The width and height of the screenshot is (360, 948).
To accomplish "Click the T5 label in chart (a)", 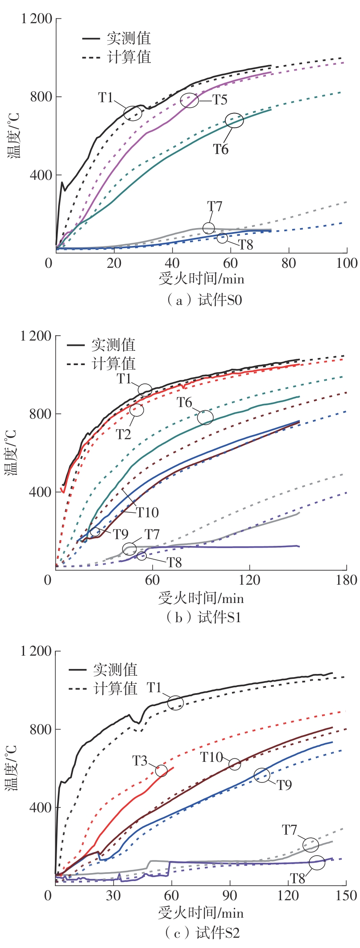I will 219,100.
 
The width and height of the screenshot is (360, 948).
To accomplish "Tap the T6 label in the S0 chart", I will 221,149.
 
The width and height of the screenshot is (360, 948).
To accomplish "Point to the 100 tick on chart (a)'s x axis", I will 346,263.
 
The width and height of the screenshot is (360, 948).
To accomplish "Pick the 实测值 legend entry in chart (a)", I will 129,38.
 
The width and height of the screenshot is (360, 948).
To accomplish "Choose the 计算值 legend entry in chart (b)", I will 113,364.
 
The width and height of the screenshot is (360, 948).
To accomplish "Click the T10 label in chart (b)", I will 148,512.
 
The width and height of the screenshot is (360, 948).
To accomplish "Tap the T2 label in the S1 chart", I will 124,434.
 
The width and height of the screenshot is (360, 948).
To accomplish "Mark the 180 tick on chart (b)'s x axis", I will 346,580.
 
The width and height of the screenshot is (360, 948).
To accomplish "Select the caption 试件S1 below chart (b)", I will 203,617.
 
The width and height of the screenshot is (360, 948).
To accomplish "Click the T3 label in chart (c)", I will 140,760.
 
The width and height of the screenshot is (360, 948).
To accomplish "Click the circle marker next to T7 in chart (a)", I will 208,228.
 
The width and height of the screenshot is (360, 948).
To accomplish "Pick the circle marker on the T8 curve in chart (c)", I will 317,862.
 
